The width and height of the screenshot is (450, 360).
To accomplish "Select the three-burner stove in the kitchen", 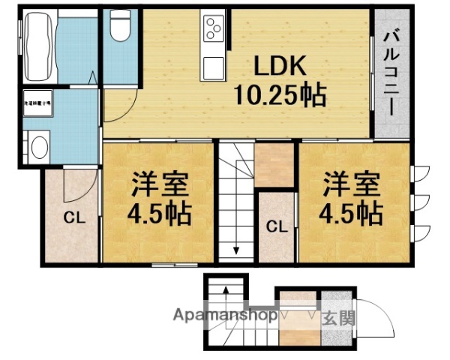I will point(211,31).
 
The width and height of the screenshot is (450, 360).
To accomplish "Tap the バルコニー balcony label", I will point(391,71).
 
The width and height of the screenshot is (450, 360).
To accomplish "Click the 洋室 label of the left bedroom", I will point(160,184).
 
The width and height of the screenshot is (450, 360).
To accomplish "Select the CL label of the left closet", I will point(73,219).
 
